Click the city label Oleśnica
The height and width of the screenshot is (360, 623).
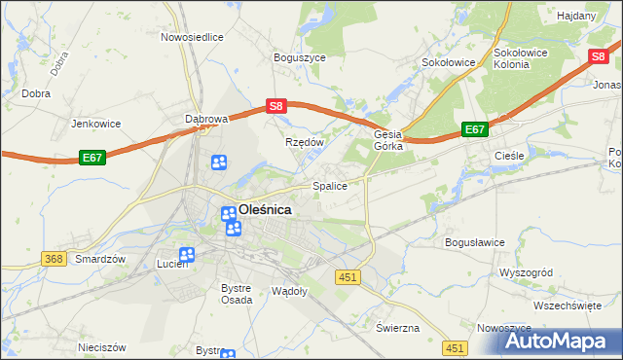coord(265,208)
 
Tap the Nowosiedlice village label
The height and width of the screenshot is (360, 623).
coord(192,37)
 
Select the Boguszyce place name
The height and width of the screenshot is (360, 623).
coord(300,58)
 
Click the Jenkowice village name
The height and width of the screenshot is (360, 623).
coord(95,125)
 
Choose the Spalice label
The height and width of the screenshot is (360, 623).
coord(329,186)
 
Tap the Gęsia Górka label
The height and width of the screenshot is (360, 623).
coord(388,141)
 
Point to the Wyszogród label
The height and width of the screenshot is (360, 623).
coord(526,273)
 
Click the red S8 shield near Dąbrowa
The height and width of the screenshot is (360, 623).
coord(276,106)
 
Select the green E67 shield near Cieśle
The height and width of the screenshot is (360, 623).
coord(474,129)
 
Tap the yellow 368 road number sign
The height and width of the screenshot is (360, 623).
coord(55,259)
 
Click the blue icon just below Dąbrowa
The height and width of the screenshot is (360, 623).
coord(220,162)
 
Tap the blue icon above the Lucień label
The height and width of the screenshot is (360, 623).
coord(186,255)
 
